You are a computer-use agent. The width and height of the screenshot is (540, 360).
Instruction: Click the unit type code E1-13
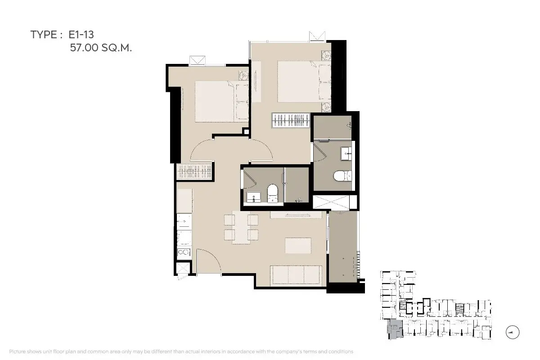tap(81, 35)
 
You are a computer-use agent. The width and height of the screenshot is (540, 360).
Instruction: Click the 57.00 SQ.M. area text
tap(101, 48)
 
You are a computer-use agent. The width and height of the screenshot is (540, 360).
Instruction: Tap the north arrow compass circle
tap(513, 332)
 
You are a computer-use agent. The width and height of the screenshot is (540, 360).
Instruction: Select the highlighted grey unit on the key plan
tap(395, 329)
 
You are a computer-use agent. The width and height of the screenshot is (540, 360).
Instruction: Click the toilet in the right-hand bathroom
tap(342, 176)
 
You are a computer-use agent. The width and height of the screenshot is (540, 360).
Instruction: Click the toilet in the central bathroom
tap(272, 193)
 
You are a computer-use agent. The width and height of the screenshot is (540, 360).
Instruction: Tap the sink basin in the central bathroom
tap(253, 197)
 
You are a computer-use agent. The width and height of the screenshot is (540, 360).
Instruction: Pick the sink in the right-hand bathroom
tap(346, 153)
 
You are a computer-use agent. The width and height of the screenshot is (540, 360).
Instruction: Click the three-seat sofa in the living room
tap(296, 274)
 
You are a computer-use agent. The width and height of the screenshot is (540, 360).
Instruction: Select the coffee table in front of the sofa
tap(298, 245)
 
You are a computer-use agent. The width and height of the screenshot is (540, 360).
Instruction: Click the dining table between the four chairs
tap(241, 228)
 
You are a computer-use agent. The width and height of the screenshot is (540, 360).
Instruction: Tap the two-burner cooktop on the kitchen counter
tap(184, 252)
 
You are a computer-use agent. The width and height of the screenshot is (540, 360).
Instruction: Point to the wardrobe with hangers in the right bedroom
tap(291, 120)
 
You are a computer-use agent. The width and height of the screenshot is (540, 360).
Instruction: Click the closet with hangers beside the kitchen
tap(194, 172)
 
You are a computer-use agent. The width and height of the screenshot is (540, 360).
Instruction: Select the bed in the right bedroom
tap(304, 81)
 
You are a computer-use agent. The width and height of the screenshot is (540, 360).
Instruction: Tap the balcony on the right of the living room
tap(343, 247)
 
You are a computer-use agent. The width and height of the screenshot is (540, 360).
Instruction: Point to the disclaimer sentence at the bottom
tap(181, 351)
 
